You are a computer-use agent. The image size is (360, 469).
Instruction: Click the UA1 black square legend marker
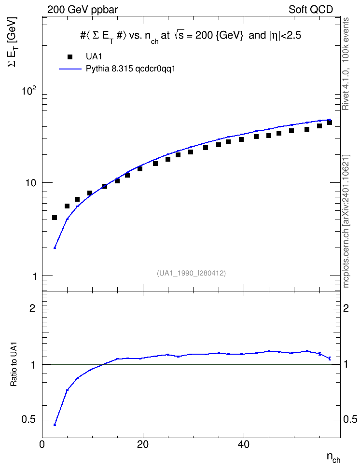click(70, 57)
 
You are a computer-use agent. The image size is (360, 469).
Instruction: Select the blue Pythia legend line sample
click(70, 69)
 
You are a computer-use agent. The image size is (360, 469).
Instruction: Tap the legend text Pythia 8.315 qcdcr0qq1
click(130, 69)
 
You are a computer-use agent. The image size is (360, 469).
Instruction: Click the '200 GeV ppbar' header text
click(83, 10)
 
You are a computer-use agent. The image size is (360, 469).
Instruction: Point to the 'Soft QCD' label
click(311, 10)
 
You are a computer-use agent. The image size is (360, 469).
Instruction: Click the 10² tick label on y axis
click(28, 90)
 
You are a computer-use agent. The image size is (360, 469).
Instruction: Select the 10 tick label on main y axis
click(31, 183)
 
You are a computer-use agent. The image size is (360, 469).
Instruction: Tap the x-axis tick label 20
click(143, 444)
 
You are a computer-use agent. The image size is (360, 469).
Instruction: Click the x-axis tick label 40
click(244, 444)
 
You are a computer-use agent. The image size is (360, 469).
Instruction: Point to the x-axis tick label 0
click(42, 444)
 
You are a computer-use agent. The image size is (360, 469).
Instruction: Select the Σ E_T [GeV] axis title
click(13, 41)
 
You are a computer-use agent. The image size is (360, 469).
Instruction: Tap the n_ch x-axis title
click(333, 457)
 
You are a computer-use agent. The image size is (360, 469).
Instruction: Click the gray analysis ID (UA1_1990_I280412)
click(191, 273)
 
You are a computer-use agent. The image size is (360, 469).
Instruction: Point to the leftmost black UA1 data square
click(55, 218)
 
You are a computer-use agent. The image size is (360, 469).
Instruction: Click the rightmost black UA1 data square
click(330, 123)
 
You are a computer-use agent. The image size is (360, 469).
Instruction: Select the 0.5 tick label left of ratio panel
click(28, 420)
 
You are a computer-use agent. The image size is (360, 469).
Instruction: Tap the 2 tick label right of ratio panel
click(346, 308)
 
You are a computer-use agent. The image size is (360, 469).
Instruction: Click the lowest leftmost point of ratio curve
click(55, 425)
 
